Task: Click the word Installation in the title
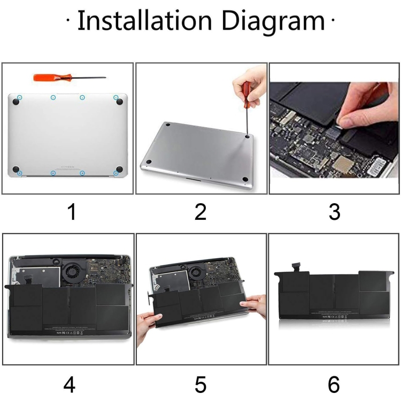click(x=144, y=21)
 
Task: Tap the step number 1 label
click(x=71, y=212)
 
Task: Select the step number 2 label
click(x=200, y=212)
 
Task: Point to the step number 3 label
click(x=334, y=212)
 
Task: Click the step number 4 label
click(x=70, y=384)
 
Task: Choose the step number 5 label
click(x=200, y=384)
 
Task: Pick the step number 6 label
click(x=334, y=384)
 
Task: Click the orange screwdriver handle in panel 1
click(x=45, y=77)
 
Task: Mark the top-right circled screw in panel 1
click(x=116, y=97)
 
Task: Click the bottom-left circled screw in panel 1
click(x=20, y=173)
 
